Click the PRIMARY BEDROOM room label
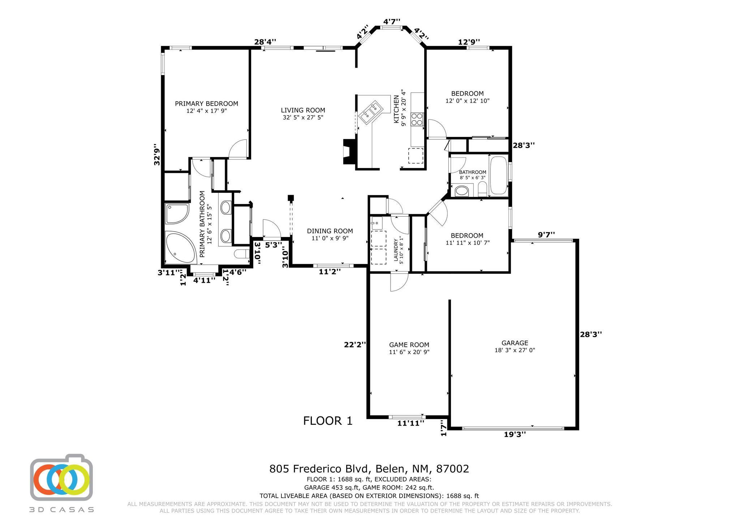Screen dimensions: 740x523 (206, 104)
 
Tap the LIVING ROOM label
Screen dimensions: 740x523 (303, 110)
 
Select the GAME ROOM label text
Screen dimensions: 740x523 (409, 345)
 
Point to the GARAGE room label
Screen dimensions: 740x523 (515, 343)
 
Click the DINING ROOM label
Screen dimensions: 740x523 (330, 231)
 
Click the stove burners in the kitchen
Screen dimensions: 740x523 (417, 119)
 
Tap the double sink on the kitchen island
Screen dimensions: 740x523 (370, 111)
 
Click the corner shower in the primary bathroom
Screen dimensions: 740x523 (176, 213)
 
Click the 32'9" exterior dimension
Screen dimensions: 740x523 (157, 156)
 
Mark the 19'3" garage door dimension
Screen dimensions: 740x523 (515, 435)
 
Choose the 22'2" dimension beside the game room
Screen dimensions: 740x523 (355, 345)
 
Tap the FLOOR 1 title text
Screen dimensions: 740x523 (328, 421)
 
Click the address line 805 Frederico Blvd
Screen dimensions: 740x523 (369, 469)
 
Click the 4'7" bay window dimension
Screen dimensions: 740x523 (392, 22)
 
